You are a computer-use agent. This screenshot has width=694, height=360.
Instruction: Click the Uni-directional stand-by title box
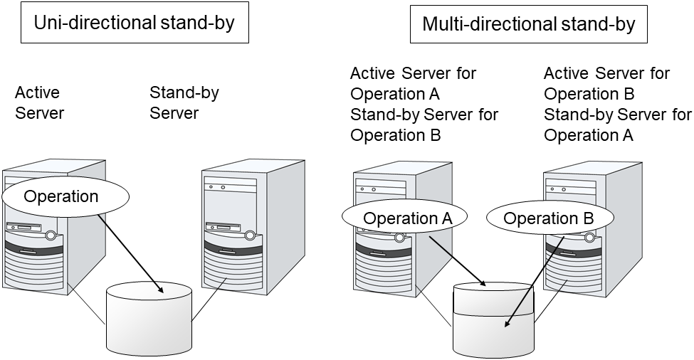[x=135, y=23]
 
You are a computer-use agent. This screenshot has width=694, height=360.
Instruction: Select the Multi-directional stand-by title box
[x=528, y=24]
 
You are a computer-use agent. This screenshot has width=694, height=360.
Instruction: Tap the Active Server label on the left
[x=40, y=102]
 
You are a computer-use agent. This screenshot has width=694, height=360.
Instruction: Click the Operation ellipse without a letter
[x=61, y=196]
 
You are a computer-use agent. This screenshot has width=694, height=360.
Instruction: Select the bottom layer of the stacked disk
[x=493, y=334]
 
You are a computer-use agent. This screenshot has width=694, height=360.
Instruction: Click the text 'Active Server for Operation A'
[x=413, y=83]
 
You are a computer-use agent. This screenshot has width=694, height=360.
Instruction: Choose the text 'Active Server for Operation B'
[x=606, y=83]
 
